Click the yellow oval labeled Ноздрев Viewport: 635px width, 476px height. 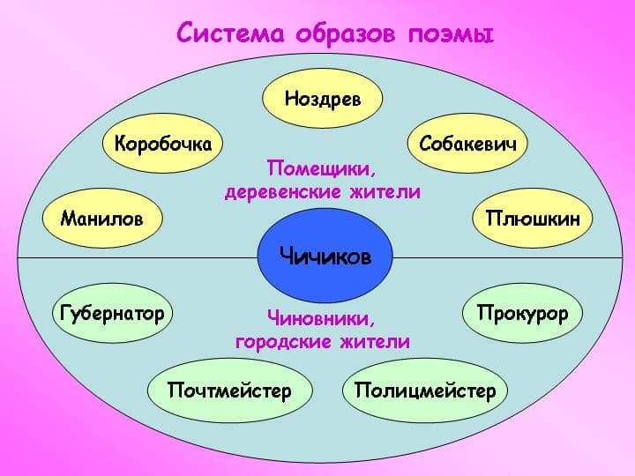click(x=323, y=99)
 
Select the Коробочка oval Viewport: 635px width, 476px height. click(x=162, y=144)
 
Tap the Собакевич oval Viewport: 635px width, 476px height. click(x=467, y=144)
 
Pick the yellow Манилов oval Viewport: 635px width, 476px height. click(x=102, y=219)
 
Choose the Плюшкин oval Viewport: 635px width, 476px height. click(x=533, y=219)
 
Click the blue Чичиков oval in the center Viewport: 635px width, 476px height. click(x=325, y=256)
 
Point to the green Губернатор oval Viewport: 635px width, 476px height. click(x=113, y=313)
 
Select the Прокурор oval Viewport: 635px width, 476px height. click(x=522, y=313)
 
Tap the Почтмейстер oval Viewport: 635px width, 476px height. click(x=229, y=390)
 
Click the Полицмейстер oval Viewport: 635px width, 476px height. click(x=425, y=390)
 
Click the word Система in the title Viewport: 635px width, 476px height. click(x=230, y=33)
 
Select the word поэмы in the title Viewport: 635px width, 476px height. click(x=451, y=34)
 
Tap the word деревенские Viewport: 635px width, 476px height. click(x=283, y=191)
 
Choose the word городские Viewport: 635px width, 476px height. click(x=283, y=342)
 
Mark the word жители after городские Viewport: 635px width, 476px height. click(x=375, y=342)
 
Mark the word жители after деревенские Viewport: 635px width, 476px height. click(x=385, y=191)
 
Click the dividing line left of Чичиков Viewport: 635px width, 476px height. click(x=138, y=257)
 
